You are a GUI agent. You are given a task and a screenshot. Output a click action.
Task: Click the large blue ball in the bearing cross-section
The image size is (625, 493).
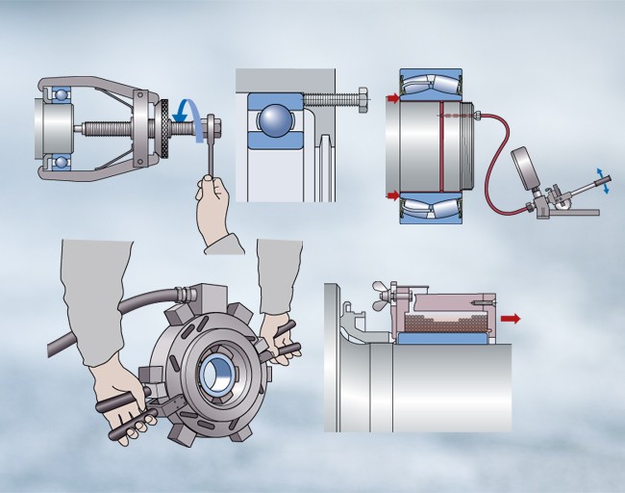278,124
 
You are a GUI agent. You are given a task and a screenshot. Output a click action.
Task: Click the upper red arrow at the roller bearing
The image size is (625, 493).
394,98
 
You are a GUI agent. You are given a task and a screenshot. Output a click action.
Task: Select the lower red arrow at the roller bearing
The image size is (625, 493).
394,196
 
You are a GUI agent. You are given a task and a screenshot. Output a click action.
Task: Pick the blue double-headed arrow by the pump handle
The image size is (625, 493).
601,180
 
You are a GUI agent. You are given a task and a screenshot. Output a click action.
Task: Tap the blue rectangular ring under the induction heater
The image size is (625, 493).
438,339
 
